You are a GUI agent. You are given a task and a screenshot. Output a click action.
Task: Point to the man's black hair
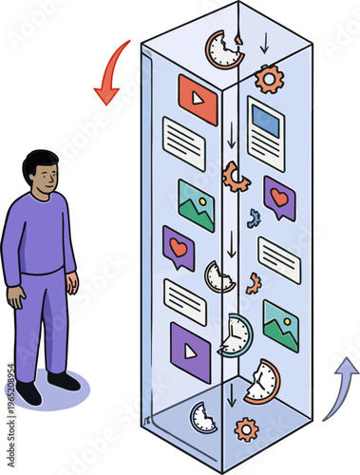(x=40, y=161)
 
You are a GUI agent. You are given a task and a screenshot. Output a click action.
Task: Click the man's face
(x=43, y=178)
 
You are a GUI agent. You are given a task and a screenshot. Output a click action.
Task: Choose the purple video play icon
(x=190, y=352)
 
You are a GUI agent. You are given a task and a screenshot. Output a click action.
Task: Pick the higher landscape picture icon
(x=196, y=205)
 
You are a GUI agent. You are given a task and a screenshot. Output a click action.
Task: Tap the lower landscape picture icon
(x=280, y=326)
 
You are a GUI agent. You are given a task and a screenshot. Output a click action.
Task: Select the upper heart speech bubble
(x=279, y=198)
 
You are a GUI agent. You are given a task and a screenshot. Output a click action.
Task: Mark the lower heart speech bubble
(x=178, y=248)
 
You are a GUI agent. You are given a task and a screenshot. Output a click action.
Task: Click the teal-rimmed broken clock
(x=236, y=333)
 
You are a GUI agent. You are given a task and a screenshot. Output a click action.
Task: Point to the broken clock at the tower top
(x=224, y=49)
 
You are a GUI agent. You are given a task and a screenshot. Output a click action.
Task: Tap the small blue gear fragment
(x=254, y=218)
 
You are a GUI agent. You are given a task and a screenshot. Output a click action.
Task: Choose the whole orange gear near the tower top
(x=269, y=79)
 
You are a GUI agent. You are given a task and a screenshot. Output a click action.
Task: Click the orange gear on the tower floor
(x=246, y=429)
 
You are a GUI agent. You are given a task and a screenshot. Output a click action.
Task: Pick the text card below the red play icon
(x=184, y=143)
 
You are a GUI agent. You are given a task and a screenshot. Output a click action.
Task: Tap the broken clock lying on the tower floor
(x=202, y=417)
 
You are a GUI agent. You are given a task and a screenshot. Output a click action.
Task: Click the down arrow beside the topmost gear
(x=264, y=44)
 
